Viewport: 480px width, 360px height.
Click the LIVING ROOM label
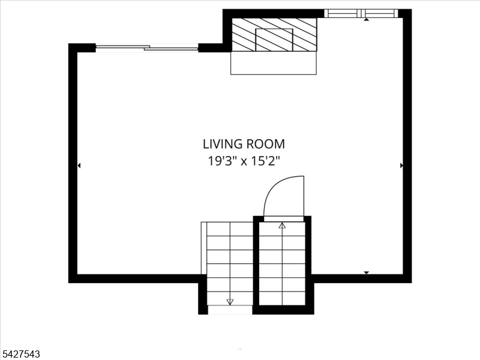[x=244, y=144]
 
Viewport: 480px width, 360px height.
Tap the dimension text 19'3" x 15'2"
[x=244, y=161]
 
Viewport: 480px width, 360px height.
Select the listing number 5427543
[x=20, y=354]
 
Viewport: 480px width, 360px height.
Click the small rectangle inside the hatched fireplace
[x=274, y=40]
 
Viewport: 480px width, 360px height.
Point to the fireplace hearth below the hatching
[x=274, y=63]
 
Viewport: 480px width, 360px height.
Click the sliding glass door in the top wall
[x=147, y=48]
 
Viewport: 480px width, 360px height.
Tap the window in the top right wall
[x=361, y=13]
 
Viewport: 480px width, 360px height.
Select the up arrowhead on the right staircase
[x=282, y=226]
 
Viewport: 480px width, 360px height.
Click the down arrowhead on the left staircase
[x=230, y=302]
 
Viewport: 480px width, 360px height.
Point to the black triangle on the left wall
[x=79, y=166]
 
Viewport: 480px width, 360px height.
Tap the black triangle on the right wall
[x=401, y=166]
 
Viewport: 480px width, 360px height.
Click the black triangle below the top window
[x=367, y=20]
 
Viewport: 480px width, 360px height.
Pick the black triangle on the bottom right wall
[x=367, y=272]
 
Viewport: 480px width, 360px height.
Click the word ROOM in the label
[x=266, y=144]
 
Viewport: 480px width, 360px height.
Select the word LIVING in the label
[x=223, y=144]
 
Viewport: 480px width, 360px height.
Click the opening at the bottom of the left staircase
[x=230, y=310]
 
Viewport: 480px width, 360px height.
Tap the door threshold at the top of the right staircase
[x=284, y=218]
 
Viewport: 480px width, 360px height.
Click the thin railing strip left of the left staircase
[x=204, y=248]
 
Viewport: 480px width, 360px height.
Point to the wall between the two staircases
[x=256, y=263]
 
